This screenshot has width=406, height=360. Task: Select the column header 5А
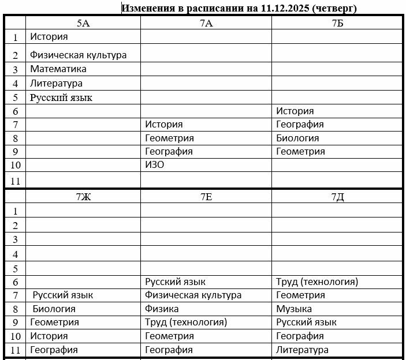coord(83,23)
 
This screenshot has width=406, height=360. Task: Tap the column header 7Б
coord(337,23)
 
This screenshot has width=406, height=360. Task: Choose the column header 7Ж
coord(83,197)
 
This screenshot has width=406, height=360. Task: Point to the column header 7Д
coord(337,197)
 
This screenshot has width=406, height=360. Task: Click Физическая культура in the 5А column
coord(78,55)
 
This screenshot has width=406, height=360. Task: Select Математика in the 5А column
coord(58,69)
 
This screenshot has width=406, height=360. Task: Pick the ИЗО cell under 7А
coord(155,165)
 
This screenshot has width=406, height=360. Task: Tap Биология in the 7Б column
coord(297,138)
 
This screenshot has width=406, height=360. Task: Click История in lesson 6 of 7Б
coord(295,111)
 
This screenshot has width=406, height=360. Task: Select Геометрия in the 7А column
coord(169,138)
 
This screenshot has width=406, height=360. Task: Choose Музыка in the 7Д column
coord(294,309)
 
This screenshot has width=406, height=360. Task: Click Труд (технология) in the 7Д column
coord(317,282)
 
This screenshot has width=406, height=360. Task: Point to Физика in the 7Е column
coord(162,309)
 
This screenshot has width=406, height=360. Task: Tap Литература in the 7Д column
coord(302,350)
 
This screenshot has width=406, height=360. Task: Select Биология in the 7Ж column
coord(54,309)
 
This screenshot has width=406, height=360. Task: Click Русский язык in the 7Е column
coord(175,282)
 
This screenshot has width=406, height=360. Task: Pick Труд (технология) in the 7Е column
coord(186,322)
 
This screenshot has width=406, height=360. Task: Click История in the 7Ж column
coord(49,336)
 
